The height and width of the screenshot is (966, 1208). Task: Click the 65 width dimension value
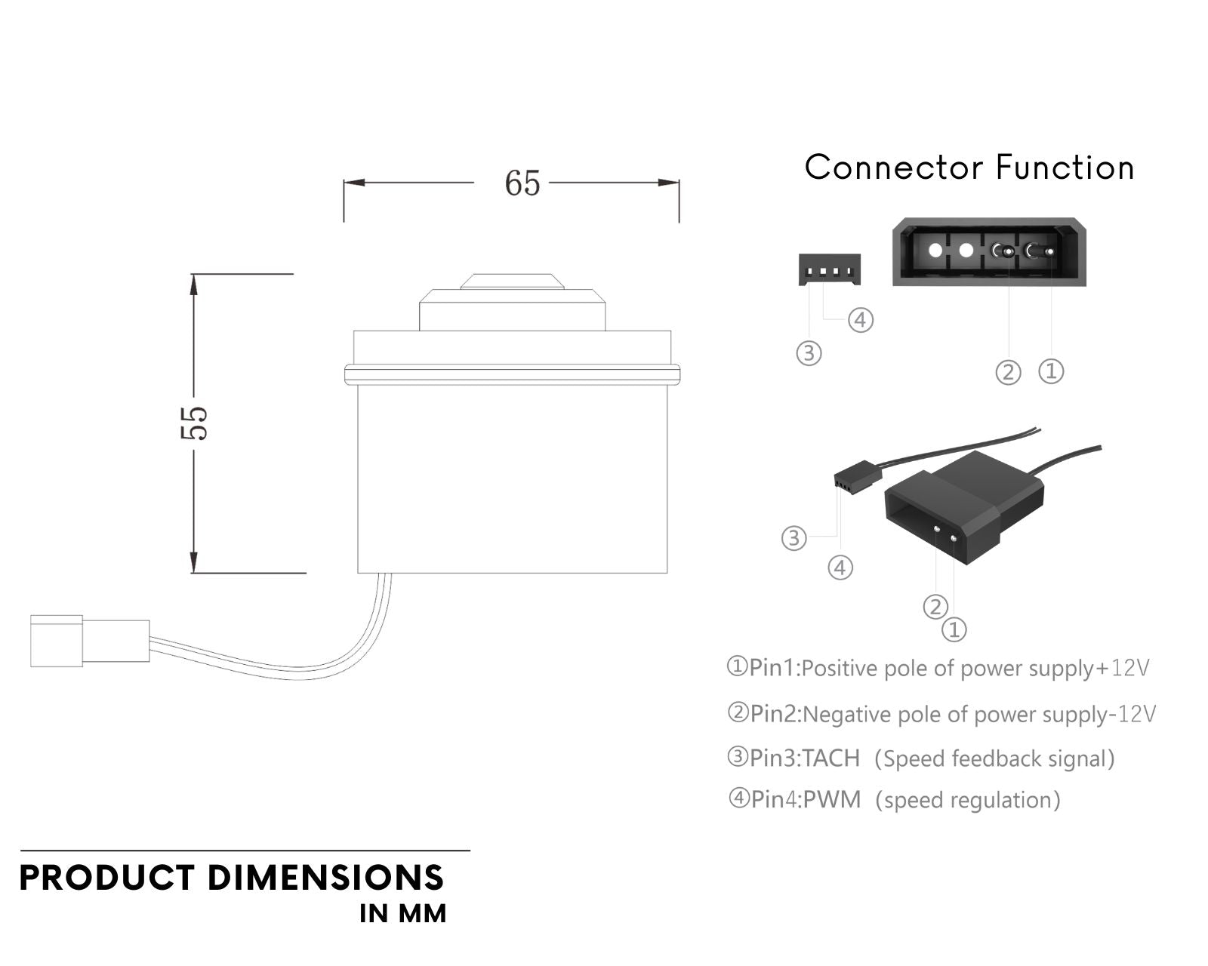522,183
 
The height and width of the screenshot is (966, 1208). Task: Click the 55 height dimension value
194,423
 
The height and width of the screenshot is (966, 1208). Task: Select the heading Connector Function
969,168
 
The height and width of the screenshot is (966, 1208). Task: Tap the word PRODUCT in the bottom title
106,878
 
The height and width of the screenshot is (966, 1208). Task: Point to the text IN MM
403,913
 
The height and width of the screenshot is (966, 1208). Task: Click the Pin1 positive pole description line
938,668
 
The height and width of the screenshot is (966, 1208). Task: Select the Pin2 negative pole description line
941,713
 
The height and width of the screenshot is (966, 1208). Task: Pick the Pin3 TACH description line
920,758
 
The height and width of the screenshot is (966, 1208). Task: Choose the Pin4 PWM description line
894,799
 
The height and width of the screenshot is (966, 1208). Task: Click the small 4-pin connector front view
829,269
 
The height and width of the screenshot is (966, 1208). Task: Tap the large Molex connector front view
989,252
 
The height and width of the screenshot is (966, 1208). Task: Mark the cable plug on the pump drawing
89,641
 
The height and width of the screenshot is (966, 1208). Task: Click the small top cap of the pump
513,281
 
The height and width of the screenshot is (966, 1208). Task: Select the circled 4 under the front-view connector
861,320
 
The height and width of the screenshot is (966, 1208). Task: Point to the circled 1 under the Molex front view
1052,371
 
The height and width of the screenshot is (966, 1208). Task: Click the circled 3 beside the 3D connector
794,538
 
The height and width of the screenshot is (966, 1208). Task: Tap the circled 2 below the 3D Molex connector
935,606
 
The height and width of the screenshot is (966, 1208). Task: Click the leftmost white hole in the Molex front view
935,251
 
